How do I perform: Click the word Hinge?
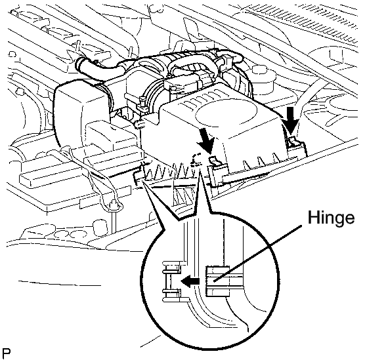(x=332, y=218)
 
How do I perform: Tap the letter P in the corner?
(x=7, y=353)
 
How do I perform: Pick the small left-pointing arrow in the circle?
(x=190, y=281)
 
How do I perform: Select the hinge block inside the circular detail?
(x=217, y=281)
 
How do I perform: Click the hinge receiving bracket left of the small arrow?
(x=172, y=281)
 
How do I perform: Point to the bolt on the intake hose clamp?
(x=142, y=102)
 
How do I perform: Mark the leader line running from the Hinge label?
(x=258, y=253)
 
